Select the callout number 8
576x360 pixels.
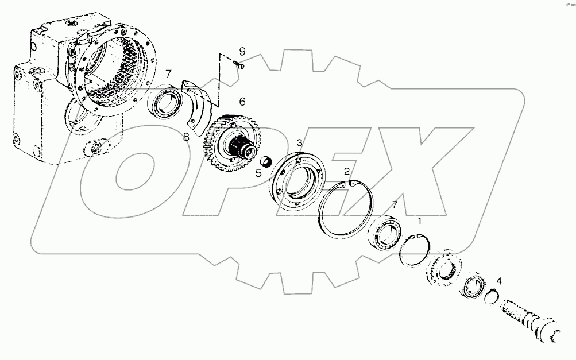(185, 136)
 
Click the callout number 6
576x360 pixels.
(242, 102)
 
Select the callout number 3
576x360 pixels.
(299, 142)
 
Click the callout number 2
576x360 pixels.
(346, 171)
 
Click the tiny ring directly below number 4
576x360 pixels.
(490, 297)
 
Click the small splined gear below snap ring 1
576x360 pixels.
(443, 268)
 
